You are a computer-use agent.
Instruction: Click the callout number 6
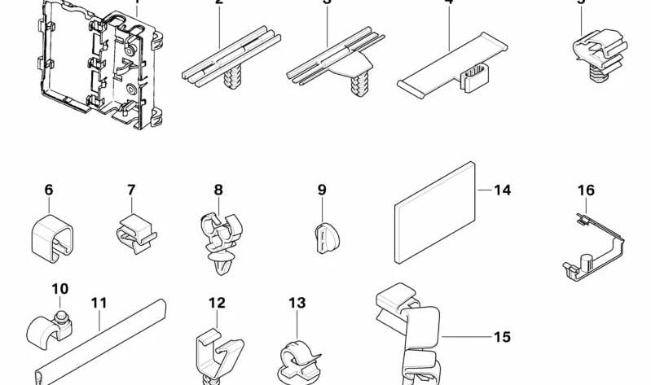49,190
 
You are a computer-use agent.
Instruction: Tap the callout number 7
131,190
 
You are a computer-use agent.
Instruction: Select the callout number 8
218,190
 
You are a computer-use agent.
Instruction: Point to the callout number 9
322,190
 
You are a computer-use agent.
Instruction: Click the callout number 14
502,190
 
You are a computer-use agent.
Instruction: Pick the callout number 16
586,190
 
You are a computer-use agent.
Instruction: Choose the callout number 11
99,303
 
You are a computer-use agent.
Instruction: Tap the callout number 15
502,336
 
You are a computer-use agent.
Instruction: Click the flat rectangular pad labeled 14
435,212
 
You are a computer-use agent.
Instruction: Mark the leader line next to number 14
483,190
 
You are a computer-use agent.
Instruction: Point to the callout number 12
216,303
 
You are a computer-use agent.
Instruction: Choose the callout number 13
297,303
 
